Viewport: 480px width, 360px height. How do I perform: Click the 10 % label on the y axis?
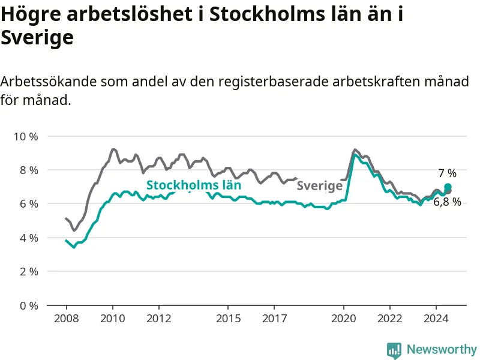(x=26, y=137)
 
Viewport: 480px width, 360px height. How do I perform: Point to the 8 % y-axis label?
(x=29, y=170)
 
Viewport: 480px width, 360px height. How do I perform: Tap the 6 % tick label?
(x=29, y=204)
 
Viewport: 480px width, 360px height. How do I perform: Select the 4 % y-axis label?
(x=29, y=238)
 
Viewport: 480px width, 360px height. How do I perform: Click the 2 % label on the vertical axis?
(x=29, y=272)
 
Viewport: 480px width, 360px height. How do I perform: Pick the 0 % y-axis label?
(x=29, y=305)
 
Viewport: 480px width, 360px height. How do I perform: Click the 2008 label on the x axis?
(x=67, y=319)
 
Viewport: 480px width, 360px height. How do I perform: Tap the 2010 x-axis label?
(x=113, y=319)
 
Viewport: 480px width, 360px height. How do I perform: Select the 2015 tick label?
(x=229, y=319)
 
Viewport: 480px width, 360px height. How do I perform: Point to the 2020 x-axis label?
(x=344, y=319)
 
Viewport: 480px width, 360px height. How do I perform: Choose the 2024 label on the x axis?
(x=436, y=319)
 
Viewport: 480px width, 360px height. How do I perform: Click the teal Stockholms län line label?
(x=194, y=185)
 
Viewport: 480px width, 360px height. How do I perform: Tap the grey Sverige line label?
(x=320, y=186)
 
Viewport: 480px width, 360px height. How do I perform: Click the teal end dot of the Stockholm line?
(x=448, y=187)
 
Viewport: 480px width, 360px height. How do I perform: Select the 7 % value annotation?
(x=447, y=173)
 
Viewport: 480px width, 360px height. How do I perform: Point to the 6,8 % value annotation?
(x=447, y=202)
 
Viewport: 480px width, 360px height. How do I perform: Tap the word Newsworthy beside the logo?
(x=442, y=349)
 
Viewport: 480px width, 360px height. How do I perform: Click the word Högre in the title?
(x=31, y=14)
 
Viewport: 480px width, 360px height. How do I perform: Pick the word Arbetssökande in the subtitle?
(x=49, y=82)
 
